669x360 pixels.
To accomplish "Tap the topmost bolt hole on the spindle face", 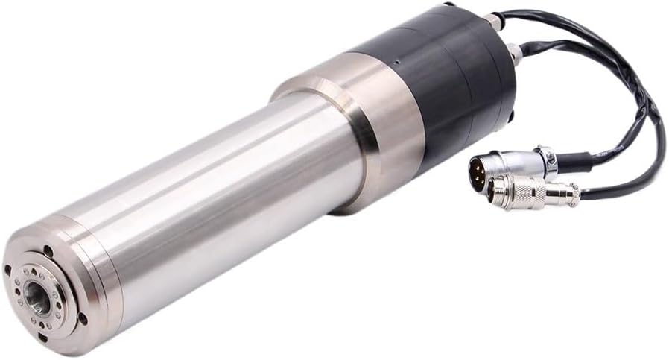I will point(48,252).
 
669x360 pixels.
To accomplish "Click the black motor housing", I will point(440,82).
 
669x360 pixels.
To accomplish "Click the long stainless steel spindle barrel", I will point(223,201).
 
